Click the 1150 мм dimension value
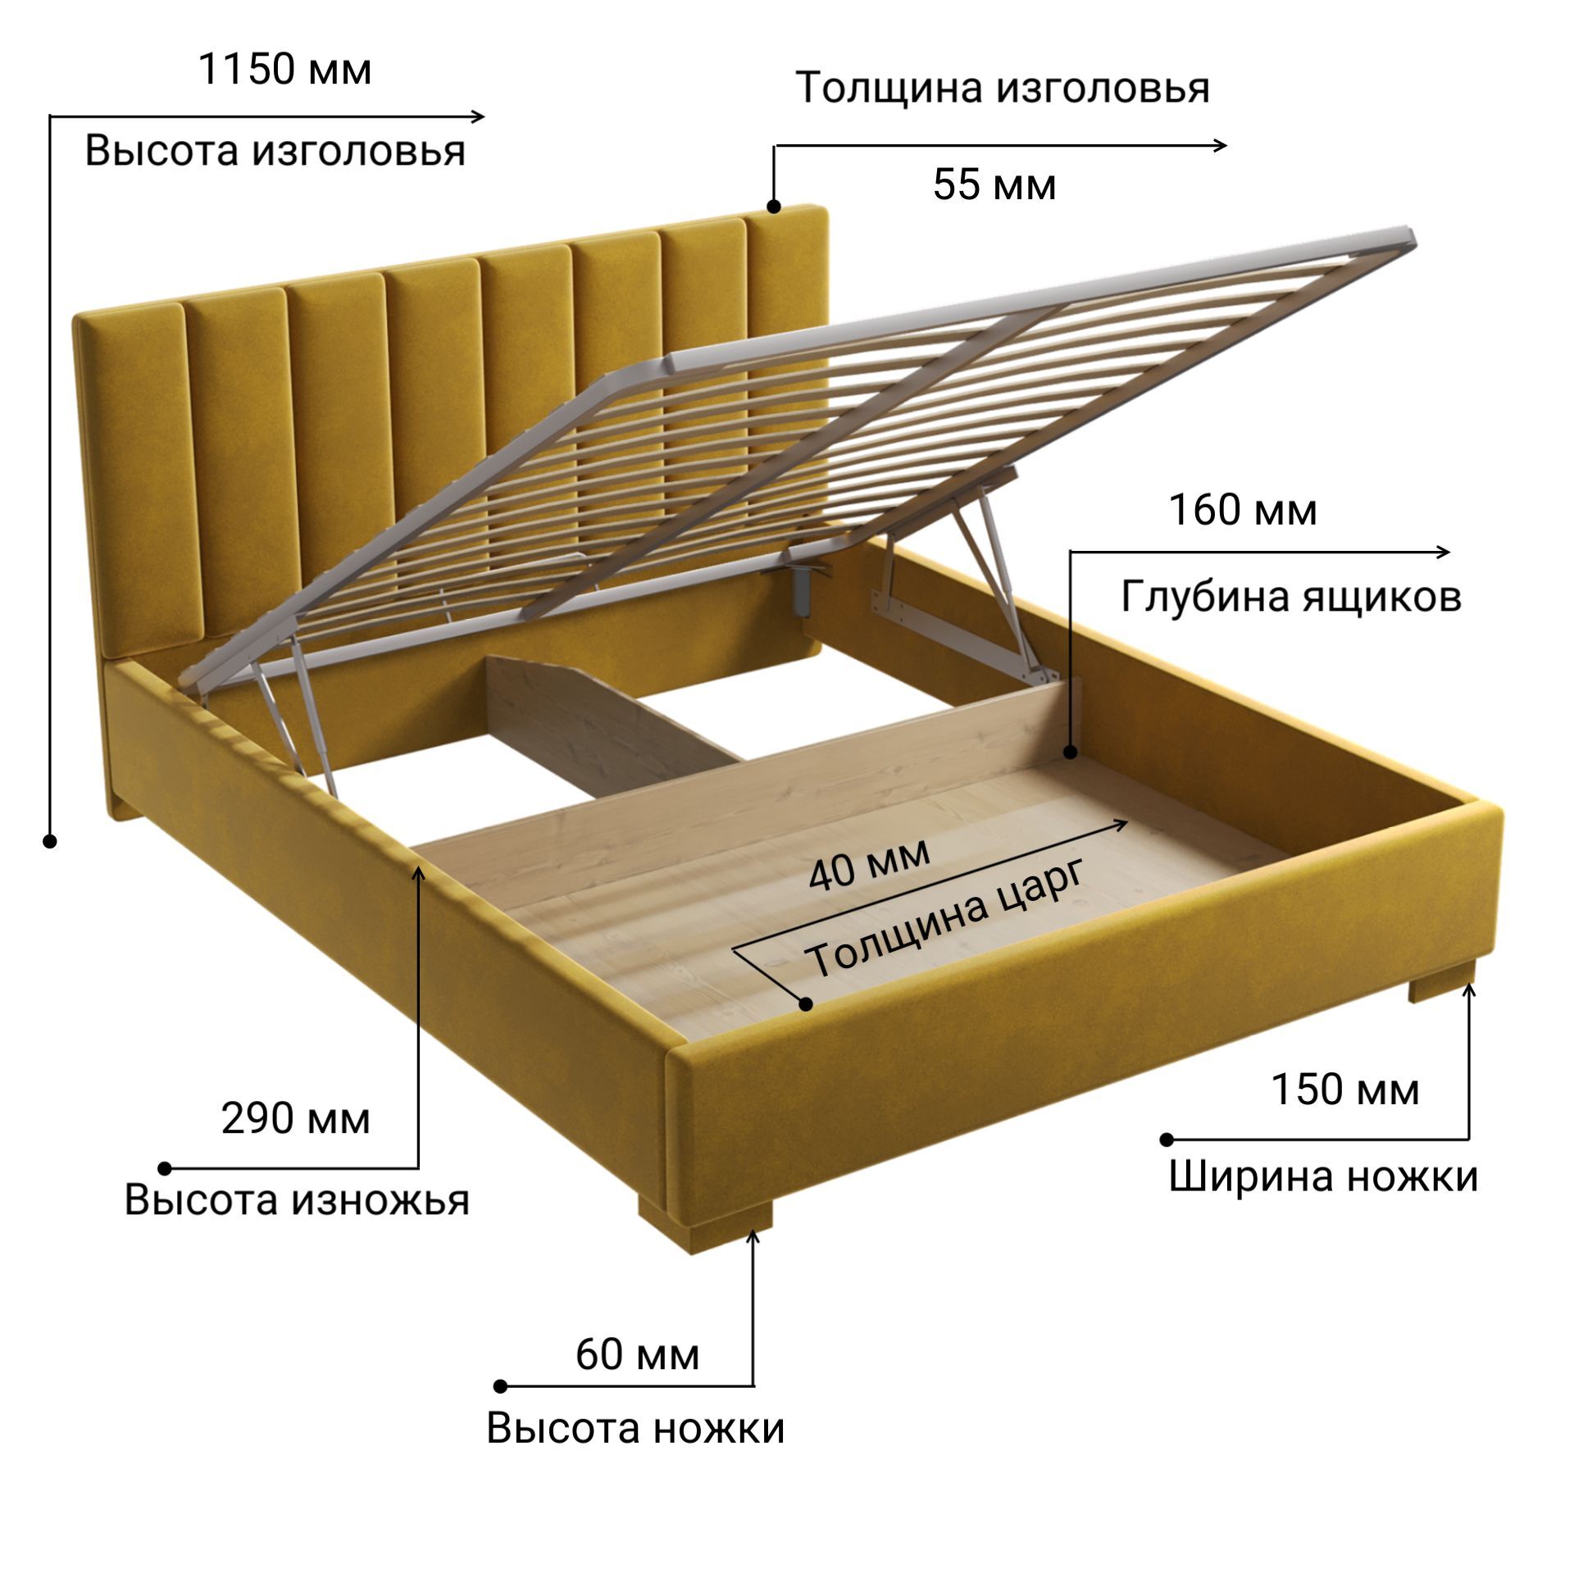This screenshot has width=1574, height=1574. [x=284, y=71]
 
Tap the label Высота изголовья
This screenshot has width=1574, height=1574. [x=275, y=152]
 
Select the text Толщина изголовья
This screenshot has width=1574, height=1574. [x=1002, y=88]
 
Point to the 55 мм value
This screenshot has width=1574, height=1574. [x=994, y=184]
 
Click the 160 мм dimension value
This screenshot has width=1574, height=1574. [x=1242, y=511]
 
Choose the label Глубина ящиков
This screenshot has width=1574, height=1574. [x=1290, y=597]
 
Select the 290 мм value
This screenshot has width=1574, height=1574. [x=295, y=1118]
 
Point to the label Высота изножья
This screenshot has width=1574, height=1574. [x=297, y=1200]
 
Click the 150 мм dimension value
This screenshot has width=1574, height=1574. [x=1344, y=1090]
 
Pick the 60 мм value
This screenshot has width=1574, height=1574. [x=637, y=1354]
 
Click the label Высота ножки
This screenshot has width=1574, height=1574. [x=635, y=1428]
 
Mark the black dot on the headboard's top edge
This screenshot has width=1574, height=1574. [x=773, y=207]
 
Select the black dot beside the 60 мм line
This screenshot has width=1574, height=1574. [x=500, y=1386]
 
